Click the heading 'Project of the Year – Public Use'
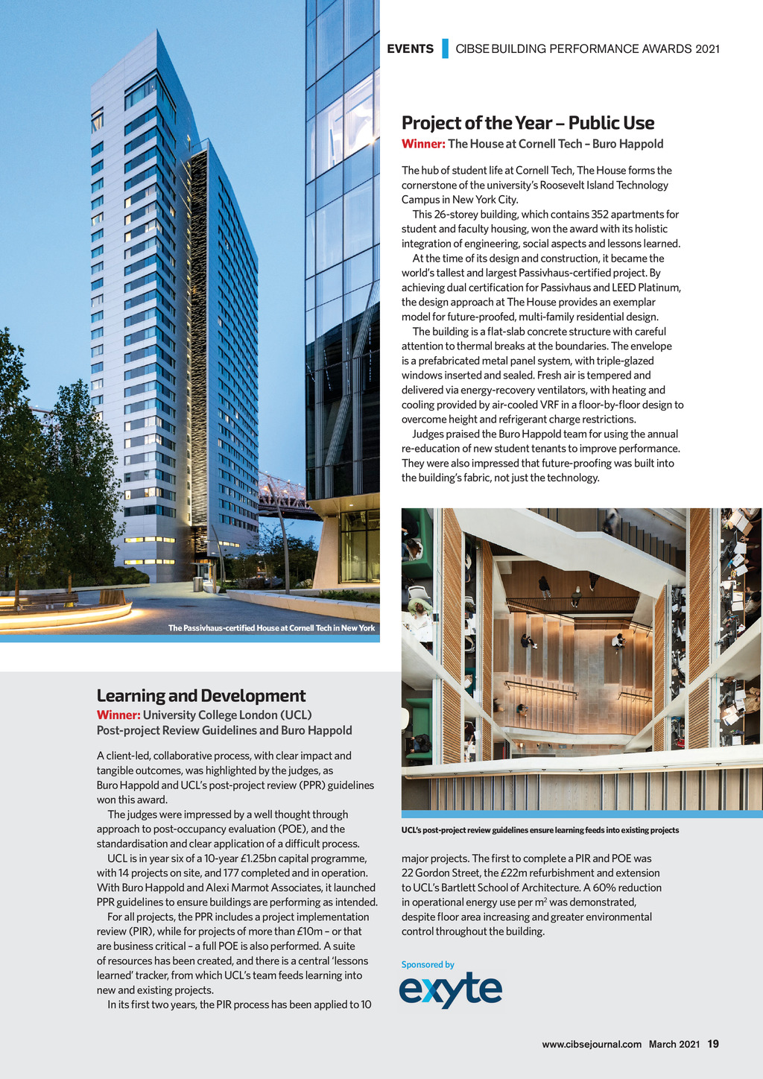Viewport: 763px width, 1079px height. [x=528, y=123]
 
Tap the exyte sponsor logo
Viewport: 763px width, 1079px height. [x=451, y=990]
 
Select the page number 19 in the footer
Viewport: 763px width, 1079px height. [x=713, y=1044]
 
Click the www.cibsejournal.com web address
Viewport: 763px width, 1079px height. [x=592, y=1044]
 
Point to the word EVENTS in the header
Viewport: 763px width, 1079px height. [x=410, y=49]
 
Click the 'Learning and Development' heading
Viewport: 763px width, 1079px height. [x=201, y=695]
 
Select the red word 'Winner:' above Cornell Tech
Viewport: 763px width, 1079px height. [x=423, y=144]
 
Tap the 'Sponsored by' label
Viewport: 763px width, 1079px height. [x=428, y=964]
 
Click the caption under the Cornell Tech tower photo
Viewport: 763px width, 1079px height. [x=271, y=628]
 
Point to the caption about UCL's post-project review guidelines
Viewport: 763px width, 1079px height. [x=539, y=830]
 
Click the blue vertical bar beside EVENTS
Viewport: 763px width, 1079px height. [x=445, y=48]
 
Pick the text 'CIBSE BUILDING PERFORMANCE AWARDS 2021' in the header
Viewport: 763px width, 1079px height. [x=587, y=49]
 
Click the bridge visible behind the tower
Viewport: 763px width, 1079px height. [x=283, y=496]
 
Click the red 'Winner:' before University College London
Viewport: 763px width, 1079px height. [x=118, y=715]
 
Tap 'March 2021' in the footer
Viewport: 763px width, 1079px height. [x=674, y=1044]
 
